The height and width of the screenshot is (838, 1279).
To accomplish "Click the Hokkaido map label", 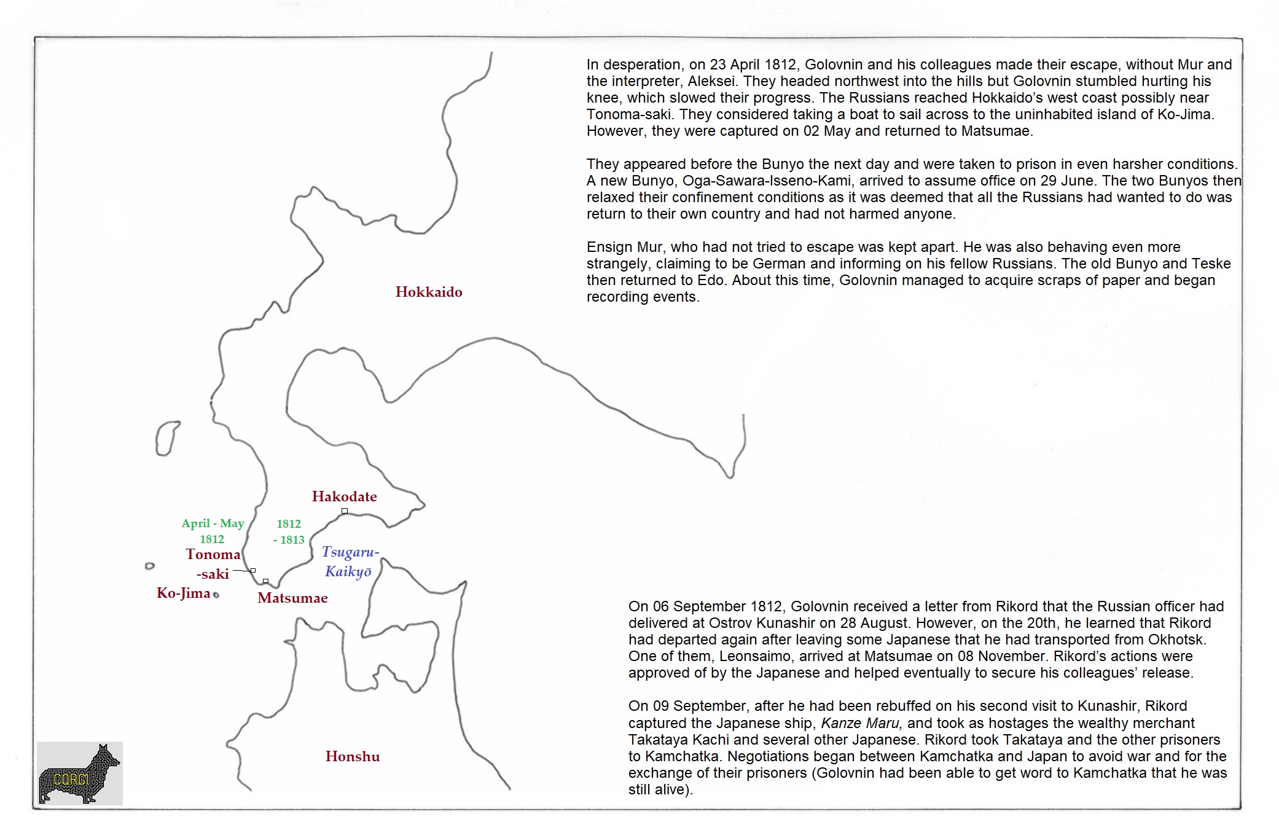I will pos(429,292).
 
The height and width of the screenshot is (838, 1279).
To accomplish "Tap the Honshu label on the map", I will pos(353,756).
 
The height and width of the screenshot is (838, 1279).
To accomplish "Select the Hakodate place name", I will pos(344,496).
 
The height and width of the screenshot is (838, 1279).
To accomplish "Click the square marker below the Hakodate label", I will pos(345,511).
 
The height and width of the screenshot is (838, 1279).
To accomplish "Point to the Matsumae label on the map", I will pos(292,598).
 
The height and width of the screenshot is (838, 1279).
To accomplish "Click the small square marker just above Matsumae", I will pos(265,581).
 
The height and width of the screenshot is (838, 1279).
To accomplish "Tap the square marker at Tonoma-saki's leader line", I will pos(253,571).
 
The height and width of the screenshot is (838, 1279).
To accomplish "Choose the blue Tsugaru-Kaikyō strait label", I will pos(350,562).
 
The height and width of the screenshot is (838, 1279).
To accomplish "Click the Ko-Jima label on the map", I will pos(183,593).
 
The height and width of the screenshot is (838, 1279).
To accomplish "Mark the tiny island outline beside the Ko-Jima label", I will pos(216,595).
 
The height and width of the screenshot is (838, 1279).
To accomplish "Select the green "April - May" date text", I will pos(213,523).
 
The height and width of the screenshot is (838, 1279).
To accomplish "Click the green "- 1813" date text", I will pos(289,540).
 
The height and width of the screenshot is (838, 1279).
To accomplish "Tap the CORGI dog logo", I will pos(80,773).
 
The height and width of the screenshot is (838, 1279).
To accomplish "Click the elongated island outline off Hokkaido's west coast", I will pos(166,439).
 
